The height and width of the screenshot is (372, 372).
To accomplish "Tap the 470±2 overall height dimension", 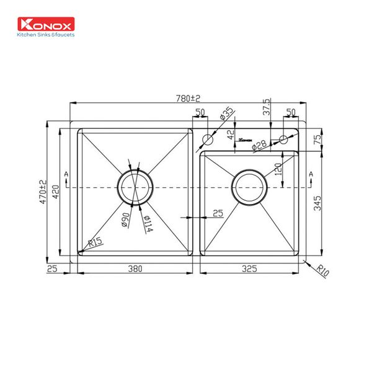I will (43, 192).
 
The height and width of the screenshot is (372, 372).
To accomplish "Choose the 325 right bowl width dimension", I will (250, 269).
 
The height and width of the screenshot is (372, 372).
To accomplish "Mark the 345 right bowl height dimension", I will (317, 203).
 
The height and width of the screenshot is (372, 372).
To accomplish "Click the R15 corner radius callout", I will (95, 243).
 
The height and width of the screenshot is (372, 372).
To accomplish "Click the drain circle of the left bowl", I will (135, 187).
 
